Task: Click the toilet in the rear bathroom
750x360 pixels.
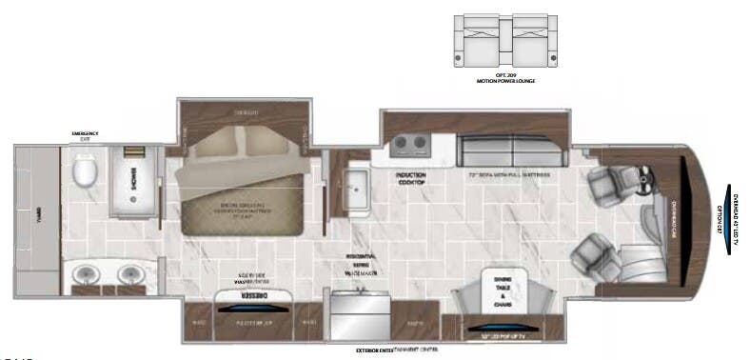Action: [86, 172]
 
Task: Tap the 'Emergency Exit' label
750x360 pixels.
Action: [86, 135]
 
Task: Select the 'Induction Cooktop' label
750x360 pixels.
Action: [412, 179]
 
